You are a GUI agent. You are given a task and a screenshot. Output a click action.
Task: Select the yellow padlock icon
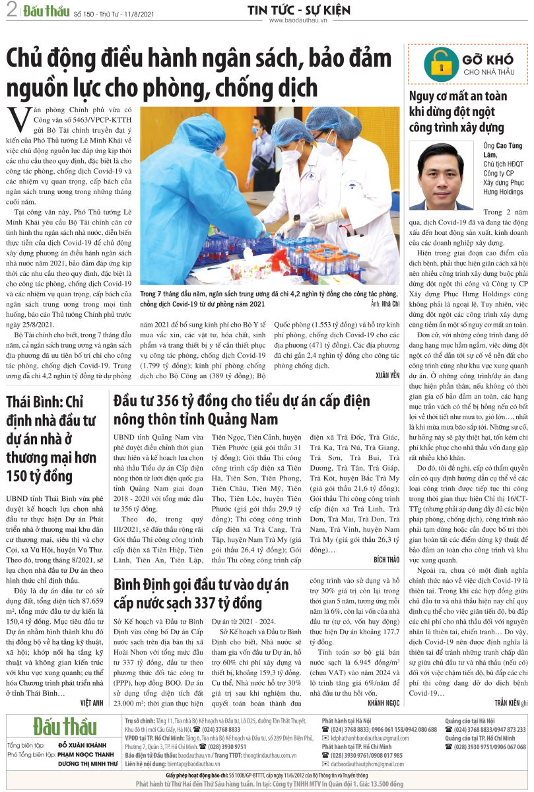[x=437, y=64]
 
